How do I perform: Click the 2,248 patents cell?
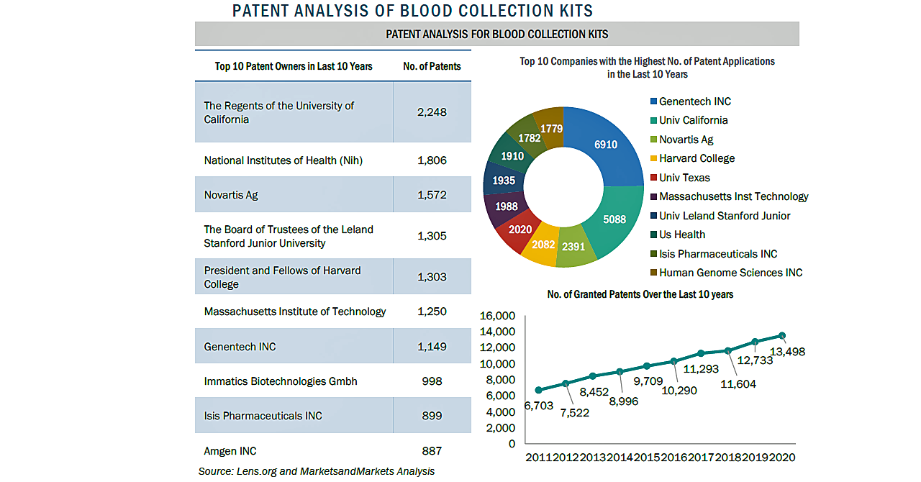(432, 112)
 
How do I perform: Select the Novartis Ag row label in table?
(231, 195)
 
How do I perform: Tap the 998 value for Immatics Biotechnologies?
(432, 381)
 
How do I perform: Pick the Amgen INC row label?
(230, 451)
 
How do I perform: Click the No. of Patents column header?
(432, 66)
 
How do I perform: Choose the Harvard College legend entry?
(697, 158)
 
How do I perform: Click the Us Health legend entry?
(681, 235)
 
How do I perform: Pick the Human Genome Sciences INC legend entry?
(730, 273)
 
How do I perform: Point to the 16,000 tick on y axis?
(497, 316)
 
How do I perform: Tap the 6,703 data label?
(538, 406)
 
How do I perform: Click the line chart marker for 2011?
(538, 390)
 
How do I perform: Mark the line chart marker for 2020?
(782, 335)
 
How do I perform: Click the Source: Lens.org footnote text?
(317, 471)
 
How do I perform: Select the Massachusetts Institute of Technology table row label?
(295, 312)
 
